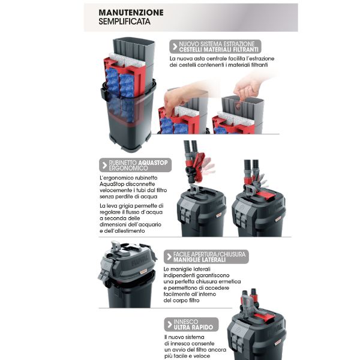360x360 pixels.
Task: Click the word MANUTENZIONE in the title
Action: [131, 13]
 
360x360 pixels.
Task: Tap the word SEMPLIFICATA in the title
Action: [124, 22]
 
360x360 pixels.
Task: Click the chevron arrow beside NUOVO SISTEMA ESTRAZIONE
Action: [175, 47]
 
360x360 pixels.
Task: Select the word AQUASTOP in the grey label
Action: [152, 163]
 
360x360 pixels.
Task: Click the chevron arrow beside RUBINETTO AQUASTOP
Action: [104, 165]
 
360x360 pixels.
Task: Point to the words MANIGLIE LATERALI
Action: [199, 260]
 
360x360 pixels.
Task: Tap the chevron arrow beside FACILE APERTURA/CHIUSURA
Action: [169, 257]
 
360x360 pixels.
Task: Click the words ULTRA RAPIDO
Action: [193, 327]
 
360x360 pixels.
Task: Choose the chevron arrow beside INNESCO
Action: [170, 325]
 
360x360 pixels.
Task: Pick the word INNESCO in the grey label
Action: [185, 322]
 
